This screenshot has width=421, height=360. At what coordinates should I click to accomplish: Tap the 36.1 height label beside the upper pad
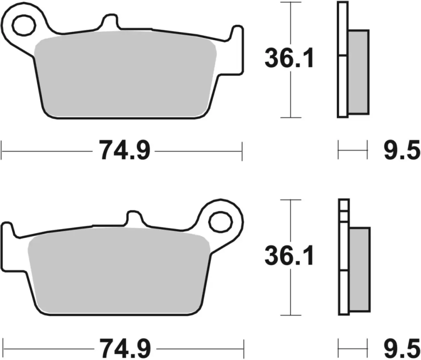coord(289,59)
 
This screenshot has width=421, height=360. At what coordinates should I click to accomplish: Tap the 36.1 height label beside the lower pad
coord(289,256)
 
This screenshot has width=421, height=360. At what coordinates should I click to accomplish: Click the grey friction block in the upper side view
coord(358,72)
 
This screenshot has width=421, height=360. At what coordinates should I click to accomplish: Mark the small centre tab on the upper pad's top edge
coord(109,21)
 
